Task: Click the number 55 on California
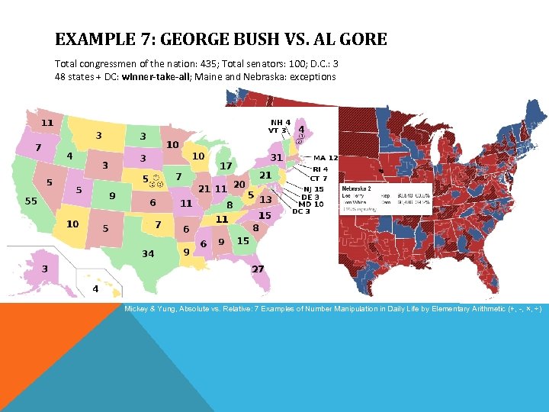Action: click(x=31, y=201)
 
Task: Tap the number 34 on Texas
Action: click(x=148, y=253)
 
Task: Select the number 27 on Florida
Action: click(x=258, y=269)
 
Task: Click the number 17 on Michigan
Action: click(x=226, y=166)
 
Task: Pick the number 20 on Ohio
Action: click(x=239, y=185)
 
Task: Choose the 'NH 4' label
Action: click(x=281, y=122)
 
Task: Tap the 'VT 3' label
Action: click(x=278, y=130)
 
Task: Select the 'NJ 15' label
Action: click(x=313, y=189)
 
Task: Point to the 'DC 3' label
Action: click(x=301, y=211)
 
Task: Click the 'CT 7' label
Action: click(x=319, y=179)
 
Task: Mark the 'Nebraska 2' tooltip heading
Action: click(x=356, y=188)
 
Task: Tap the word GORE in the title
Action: click(x=363, y=39)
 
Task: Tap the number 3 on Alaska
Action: click(x=45, y=269)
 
